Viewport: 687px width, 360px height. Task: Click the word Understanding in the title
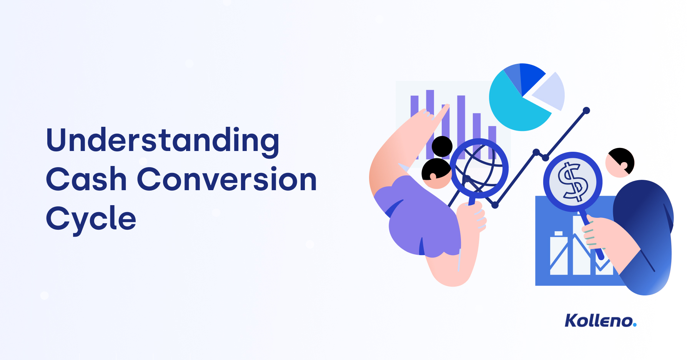(162, 141)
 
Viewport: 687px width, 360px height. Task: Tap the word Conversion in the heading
(227, 179)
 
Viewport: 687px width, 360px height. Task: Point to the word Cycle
(91, 219)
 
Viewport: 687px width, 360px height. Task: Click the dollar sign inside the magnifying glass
(572, 182)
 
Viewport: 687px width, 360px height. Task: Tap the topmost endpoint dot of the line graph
(586, 111)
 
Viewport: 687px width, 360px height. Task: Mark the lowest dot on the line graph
(495, 205)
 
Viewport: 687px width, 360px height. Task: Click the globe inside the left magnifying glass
(479, 168)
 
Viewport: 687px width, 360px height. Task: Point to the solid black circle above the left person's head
(442, 146)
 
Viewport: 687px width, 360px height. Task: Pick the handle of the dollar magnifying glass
(592, 236)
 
